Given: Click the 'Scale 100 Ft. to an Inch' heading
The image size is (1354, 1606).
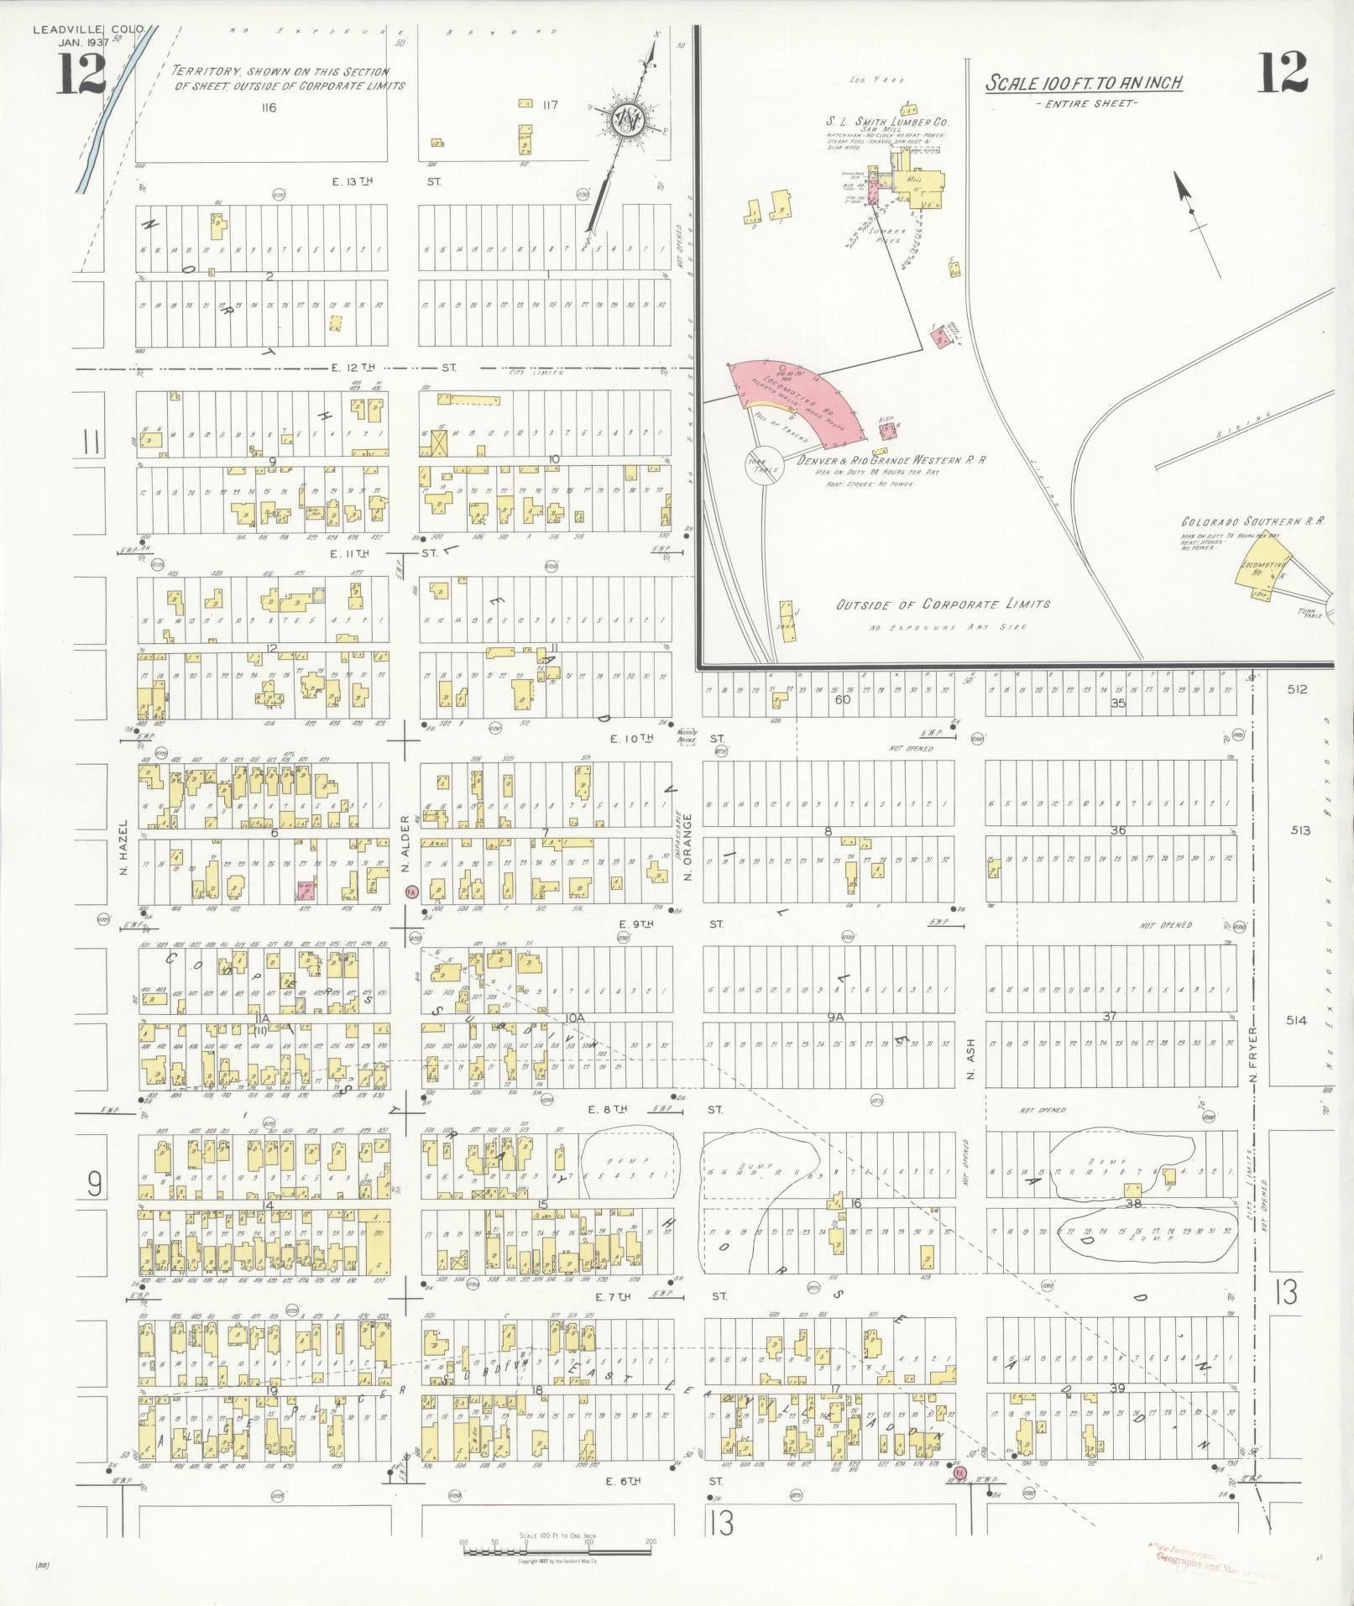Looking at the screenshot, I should click(1084, 83).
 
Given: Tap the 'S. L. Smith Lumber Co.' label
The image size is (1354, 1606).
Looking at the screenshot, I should click(887, 121).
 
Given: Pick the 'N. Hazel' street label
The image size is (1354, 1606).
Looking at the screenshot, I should click(123, 846).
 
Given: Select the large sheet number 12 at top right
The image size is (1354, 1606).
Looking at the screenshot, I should click(1283, 73).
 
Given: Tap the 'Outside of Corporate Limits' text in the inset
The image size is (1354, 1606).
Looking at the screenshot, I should click(943, 604).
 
